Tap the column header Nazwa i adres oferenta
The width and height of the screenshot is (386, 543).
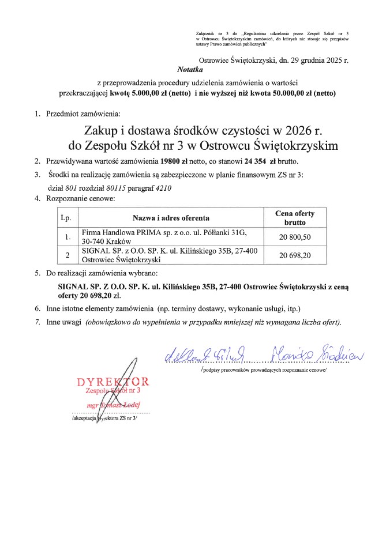171,218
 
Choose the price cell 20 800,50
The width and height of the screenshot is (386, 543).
295,237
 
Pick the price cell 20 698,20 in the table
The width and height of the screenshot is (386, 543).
295,255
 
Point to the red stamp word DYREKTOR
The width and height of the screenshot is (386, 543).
113,382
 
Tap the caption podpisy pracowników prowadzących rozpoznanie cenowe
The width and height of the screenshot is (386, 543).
264,370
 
